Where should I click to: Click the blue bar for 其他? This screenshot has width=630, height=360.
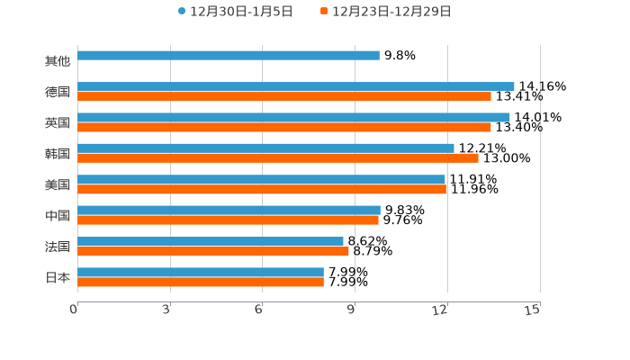pos(229,56)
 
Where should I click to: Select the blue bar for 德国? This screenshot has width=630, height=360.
pos(296,86)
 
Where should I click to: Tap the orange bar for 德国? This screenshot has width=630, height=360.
pos(284,96)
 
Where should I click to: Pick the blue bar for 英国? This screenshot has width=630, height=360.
pos(293,117)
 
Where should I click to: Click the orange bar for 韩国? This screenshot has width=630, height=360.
pos(278,158)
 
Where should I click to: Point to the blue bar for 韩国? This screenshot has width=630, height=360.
pos(265,148)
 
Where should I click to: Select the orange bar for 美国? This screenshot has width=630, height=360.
pos(262,189)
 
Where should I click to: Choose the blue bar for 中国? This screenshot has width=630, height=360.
pos(229,210)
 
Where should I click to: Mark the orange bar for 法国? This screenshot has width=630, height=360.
pos(213,251)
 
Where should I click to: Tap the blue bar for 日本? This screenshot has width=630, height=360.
pos(201,272)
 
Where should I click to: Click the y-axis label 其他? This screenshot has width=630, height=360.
pos(58,61)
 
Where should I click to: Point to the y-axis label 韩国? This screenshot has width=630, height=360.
pos(58,154)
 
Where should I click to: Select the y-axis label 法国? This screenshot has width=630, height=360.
pos(58,247)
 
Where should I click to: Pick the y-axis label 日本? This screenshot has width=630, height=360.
pos(58,277)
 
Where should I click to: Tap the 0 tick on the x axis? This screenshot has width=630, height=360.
pos(74,310)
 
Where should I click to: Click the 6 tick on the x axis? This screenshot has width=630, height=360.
pos(258,310)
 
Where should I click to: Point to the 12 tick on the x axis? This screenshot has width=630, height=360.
pos(441,310)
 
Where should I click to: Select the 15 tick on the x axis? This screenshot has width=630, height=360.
pos(533,310)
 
